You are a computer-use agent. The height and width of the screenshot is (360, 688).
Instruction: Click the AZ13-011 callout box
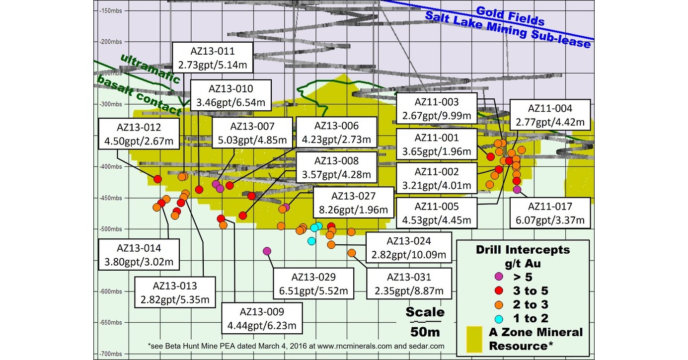coord(213,58)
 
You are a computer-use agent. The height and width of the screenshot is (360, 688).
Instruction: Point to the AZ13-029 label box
coord(313,284)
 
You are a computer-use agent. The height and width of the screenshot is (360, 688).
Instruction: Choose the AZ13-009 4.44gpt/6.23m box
coord(261,319)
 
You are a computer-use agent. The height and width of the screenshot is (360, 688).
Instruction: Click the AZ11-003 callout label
coord(437,109)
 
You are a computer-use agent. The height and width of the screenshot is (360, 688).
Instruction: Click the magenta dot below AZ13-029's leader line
coord(267,251)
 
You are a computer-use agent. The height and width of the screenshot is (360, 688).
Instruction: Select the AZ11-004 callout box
coord(550,115)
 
